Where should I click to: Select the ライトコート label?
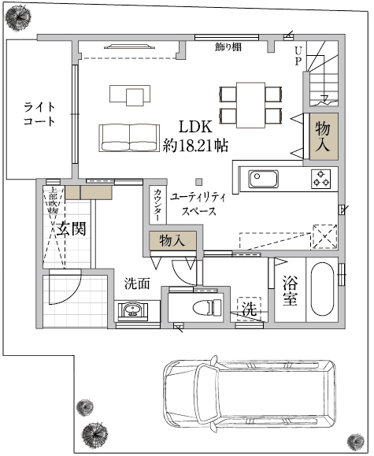pos(39,114)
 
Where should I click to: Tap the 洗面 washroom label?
pos(136,283)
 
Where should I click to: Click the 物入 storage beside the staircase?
pos(323,137)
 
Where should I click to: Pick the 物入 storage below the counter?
pos(172,240)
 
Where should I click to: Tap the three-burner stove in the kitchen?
pos(322,179)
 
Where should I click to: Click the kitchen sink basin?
pos(263,178)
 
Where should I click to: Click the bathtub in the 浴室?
pos(323,288)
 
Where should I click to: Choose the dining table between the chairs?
pos(250,104)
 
